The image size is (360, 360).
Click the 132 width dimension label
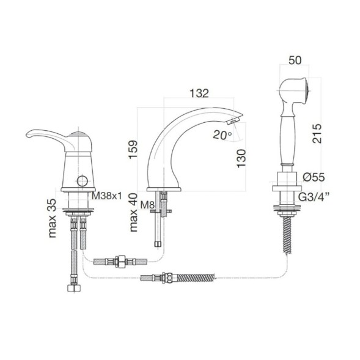pos(199,94)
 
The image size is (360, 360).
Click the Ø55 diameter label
pos(313,177)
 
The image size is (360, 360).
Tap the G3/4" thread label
pos(318,194)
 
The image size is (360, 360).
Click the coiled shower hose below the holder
pos(285,232)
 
